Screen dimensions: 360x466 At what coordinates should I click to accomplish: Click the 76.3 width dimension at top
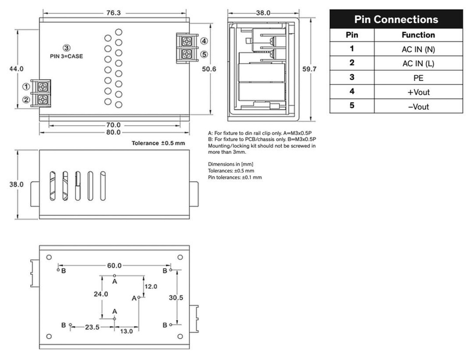click(113, 13)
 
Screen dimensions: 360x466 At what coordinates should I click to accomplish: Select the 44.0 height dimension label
click(17, 68)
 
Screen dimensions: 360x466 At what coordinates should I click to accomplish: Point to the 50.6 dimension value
click(210, 69)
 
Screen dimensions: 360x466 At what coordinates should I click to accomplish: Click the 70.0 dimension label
click(113, 125)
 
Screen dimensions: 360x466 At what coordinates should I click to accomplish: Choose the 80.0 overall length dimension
click(113, 132)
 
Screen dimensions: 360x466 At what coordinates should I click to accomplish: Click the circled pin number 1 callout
click(26, 86)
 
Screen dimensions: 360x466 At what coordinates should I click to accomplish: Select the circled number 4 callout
click(204, 41)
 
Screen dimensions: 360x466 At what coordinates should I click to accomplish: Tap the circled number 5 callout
click(204, 55)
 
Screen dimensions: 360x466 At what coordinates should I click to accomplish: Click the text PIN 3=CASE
click(66, 56)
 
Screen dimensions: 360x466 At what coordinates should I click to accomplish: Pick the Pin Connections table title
click(396, 20)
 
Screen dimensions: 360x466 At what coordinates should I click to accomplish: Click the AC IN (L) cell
click(418, 64)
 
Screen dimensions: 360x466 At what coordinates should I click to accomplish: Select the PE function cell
click(418, 78)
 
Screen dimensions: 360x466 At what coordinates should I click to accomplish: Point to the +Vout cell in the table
click(418, 92)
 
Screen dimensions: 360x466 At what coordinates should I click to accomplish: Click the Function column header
click(418, 35)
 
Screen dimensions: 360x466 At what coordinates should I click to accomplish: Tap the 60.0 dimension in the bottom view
click(114, 265)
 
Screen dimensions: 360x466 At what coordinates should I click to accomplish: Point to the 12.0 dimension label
click(151, 286)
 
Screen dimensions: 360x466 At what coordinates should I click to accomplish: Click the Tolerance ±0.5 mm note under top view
click(158, 143)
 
